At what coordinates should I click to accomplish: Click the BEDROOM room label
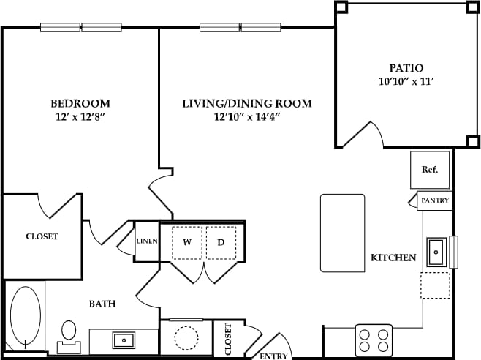pyautogui.click(x=80, y=102)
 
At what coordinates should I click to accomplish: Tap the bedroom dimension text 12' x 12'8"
pyautogui.click(x=80, y=116)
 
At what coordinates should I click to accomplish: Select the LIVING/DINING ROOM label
pyautogui.click(x=247, y=103)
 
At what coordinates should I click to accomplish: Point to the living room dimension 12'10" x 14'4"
pyautogui.click(x=247, y=117)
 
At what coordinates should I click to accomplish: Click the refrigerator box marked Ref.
pyautogui.click(x=430, y=170)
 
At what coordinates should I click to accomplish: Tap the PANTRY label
pyautogui.click(x=435, y=200)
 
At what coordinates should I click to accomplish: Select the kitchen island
pyautogui.click(x=342, y=233)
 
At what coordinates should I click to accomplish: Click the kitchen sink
pyautogui.click(x=436, y=252)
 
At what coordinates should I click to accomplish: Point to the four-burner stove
pyautogui.click(x=373, y=339)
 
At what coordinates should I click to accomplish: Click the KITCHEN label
pyautogui.click(x=393, y=258)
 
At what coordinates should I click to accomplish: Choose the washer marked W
pyautogui.click(x=186, y=243)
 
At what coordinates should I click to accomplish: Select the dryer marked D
pyautogui.click(x=221, y=243)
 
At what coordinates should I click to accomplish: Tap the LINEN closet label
pyautogui.click(x=146, y=241)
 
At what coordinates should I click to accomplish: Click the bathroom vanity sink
pyautogui.click(x=123, y=340)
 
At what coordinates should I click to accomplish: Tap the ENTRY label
pyautogui.click(x=273, y=356)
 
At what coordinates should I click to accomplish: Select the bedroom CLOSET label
pyautogui.click(x=42, y=236)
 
